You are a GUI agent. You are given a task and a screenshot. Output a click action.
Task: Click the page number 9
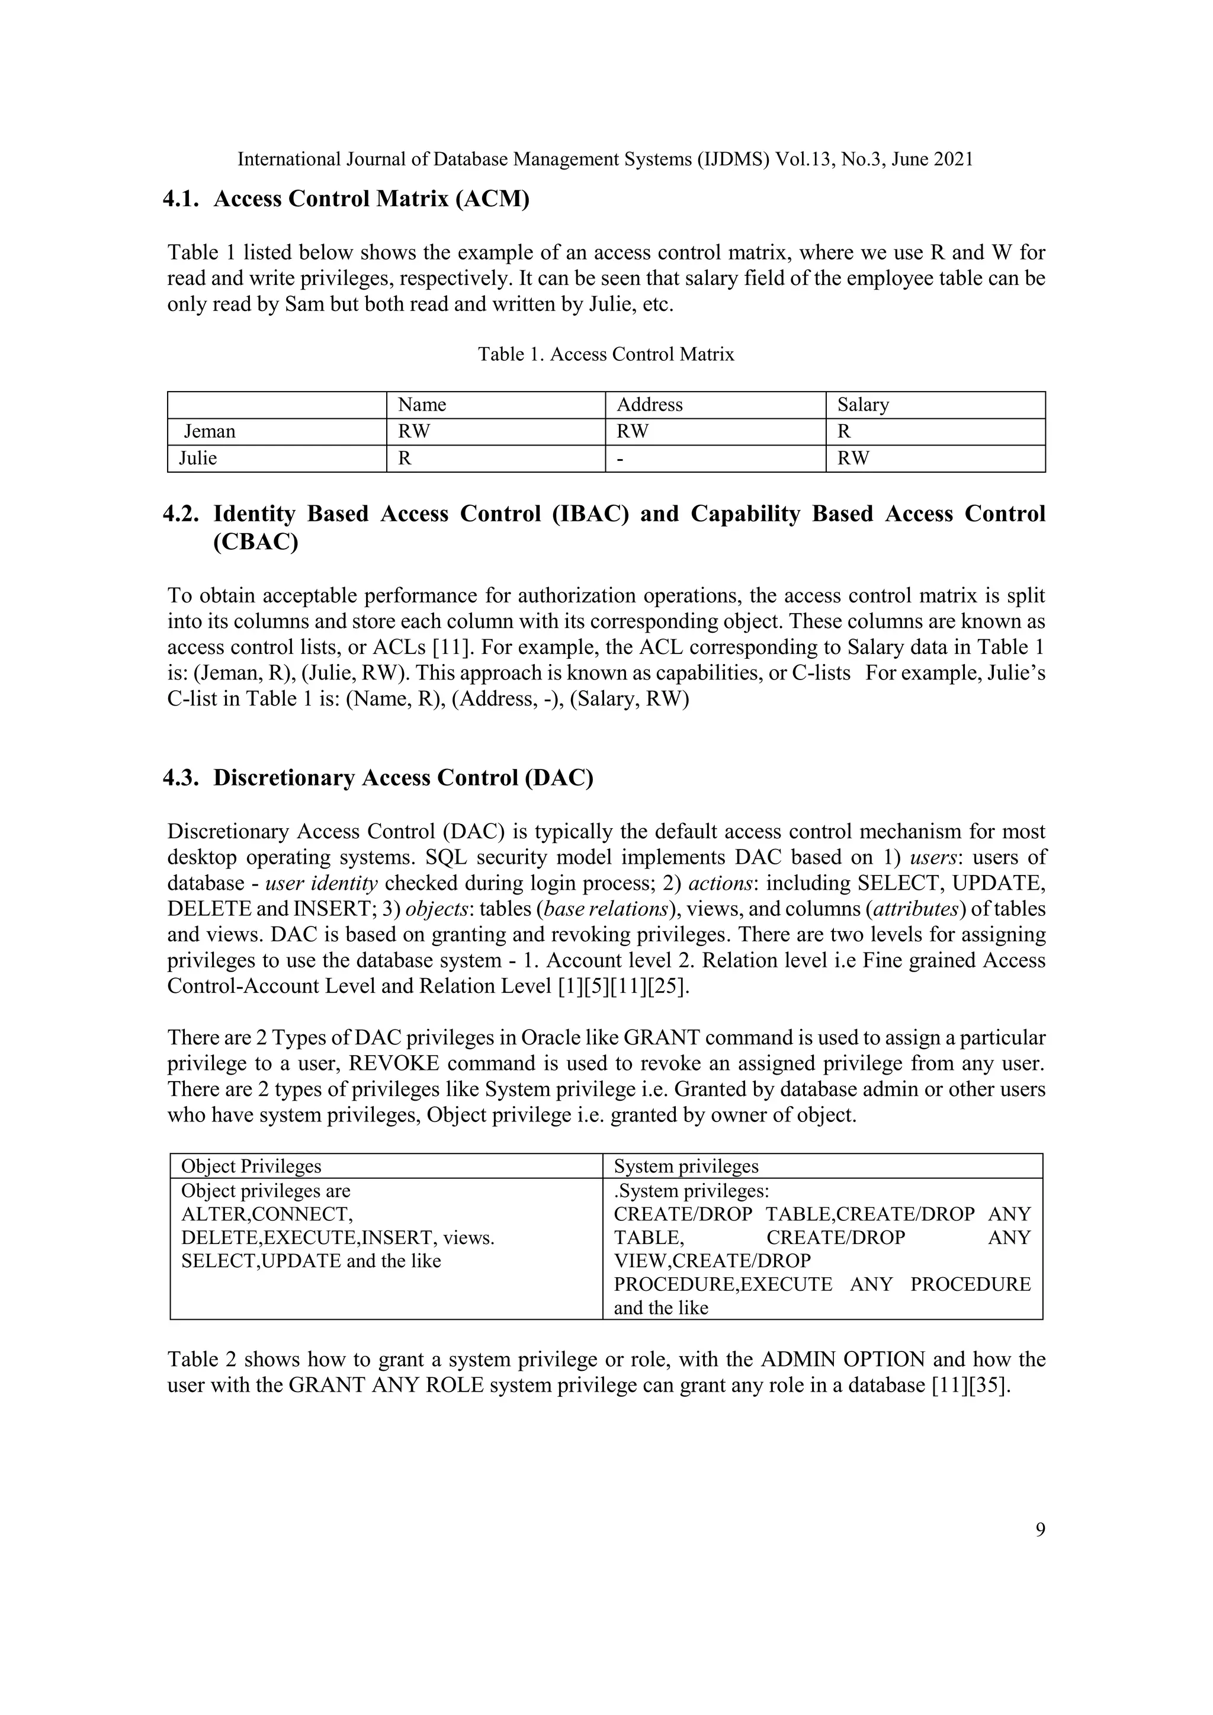tap(1039, 1531)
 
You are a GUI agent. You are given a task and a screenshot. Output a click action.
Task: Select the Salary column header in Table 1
tap(863, 405)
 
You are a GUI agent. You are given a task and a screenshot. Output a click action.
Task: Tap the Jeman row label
tap(210, 432)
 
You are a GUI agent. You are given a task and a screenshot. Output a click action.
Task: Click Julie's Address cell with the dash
tap(620, 459)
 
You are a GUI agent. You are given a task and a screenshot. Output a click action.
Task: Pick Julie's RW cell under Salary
tap(853, 459)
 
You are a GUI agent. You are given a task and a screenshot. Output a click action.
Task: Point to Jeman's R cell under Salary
tap(844, 432)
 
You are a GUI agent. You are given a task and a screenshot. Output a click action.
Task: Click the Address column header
tap(649, 405)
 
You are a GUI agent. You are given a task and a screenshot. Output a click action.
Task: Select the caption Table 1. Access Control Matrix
tap(606, 354)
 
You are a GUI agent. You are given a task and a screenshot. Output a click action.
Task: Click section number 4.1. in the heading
tap(181, 200)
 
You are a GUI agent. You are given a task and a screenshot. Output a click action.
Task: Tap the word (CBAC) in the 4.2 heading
tap(255, 541)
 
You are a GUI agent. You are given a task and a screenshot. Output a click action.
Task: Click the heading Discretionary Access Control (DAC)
tap(403, 778)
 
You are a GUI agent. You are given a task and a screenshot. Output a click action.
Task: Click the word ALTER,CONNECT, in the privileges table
tap(267, 1214)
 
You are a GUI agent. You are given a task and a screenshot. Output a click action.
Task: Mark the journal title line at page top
tap(605, 159)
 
